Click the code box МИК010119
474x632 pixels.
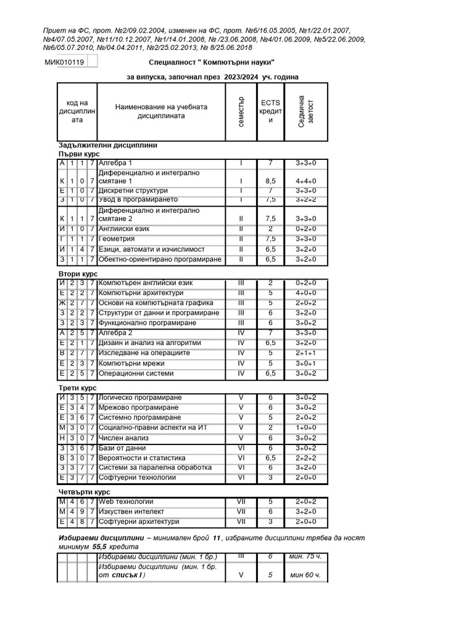65,62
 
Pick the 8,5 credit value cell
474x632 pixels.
270,181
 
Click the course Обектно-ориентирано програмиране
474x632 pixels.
159,259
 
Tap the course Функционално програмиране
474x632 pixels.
147,323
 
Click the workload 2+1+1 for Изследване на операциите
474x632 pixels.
306,353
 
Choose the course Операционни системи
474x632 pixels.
136,373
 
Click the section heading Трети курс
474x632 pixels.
77,388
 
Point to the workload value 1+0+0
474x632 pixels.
306,428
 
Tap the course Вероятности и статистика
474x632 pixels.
142,458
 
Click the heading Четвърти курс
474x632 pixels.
83,492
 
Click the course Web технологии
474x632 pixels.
126,502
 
